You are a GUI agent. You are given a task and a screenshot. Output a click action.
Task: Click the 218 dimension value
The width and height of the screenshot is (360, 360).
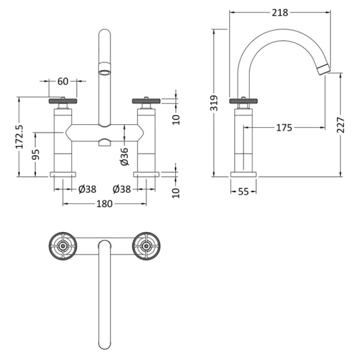tap(279, 13)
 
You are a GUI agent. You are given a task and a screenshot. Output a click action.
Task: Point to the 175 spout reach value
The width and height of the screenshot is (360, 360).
tap(284, 128)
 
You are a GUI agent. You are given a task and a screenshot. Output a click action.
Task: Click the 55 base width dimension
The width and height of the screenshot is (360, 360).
tap(243, 191)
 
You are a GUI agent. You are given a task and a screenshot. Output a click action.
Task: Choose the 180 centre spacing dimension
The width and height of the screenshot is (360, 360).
tap(104, 204)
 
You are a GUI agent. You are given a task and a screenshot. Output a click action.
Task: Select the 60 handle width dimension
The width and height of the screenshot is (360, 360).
tap(63, 81)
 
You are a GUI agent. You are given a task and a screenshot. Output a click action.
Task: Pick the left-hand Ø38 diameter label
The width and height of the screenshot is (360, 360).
tap(87, 189)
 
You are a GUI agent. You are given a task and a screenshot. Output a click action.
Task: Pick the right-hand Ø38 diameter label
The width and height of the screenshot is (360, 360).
tap(122, 189)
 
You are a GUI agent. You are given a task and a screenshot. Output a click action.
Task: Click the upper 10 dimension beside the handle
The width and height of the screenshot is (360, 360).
tap(176, 119)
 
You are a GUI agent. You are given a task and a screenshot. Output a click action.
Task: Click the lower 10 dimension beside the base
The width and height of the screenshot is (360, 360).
tap(176, 193)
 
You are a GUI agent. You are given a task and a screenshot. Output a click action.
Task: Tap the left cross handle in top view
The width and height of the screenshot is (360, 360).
tap(63, 245)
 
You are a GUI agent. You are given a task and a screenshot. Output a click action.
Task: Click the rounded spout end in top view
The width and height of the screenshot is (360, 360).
tap(104, 342)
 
